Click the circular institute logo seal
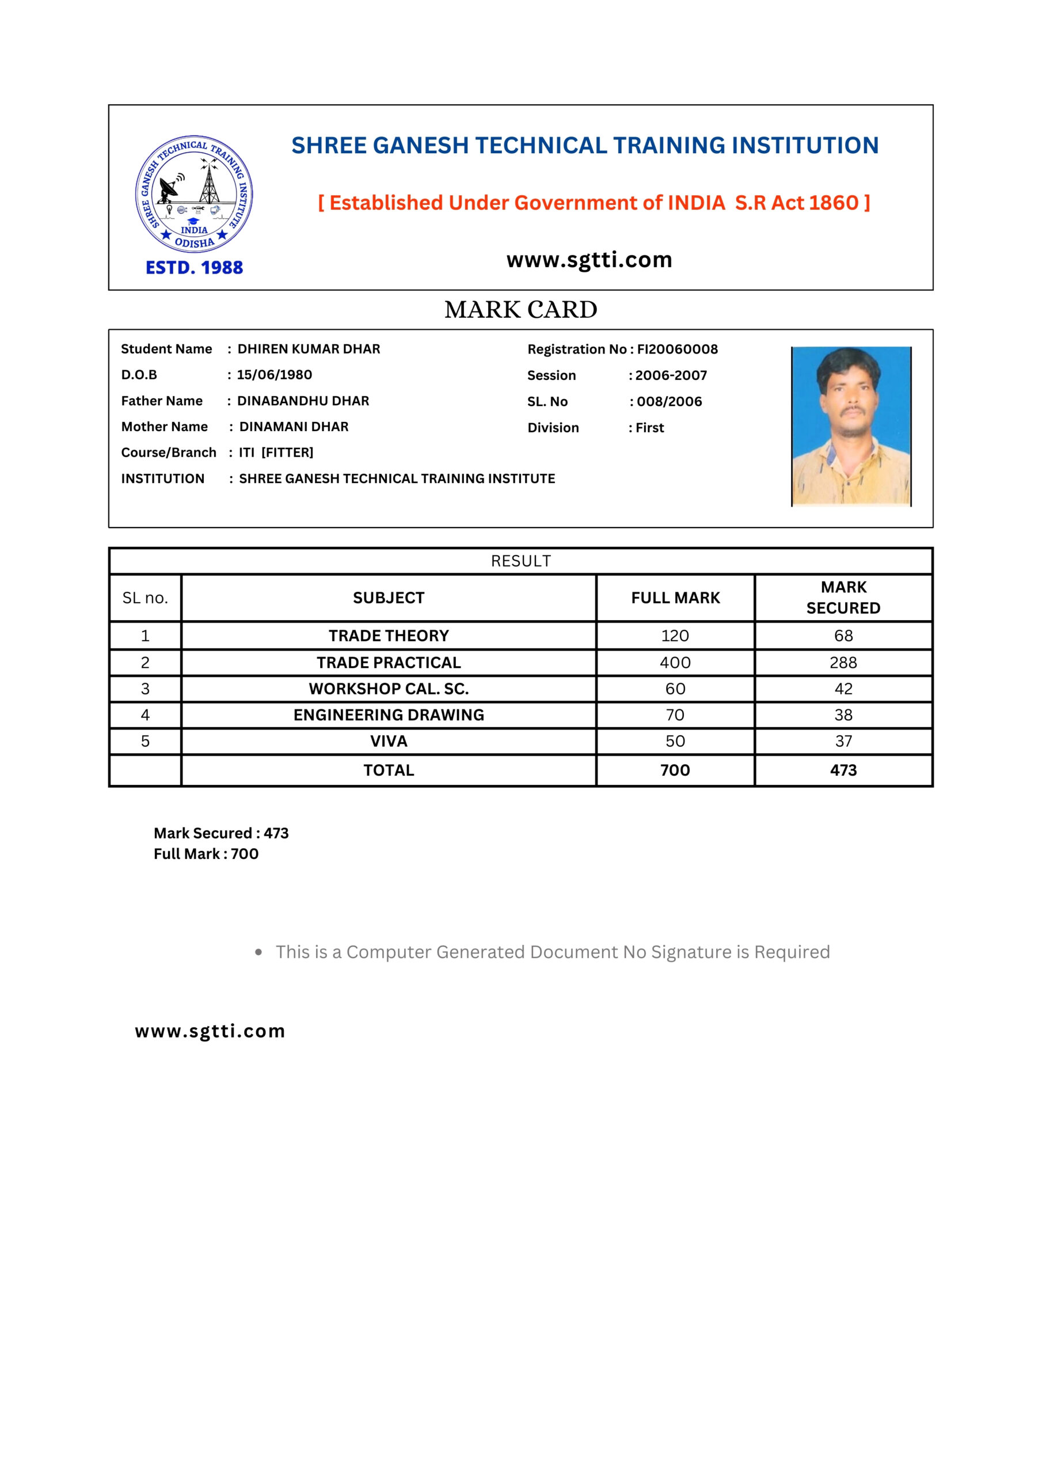[194, 194]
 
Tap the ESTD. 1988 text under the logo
[194, 268]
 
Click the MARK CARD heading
[520, 310]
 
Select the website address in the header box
[589, 260]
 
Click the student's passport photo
[851, 426]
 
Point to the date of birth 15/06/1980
[274, 375]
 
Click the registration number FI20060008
[678, 349]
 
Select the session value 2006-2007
[671, 375]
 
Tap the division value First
[650, 428]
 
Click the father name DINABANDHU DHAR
[303, 401]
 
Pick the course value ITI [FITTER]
[276, 453]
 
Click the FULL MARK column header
[675, 598]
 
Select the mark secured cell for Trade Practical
[843, 663]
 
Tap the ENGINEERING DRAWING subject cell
[389, 715]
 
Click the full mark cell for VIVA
[675, 742]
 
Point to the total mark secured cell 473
[843, 770]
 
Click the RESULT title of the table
[520, 561]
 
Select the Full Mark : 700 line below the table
[206, 854]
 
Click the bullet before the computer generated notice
[258, 952]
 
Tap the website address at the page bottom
[210, 1032]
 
